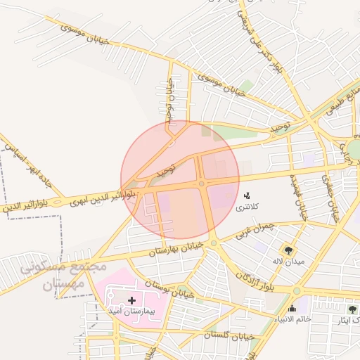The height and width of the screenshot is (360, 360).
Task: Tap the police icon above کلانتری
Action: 246,195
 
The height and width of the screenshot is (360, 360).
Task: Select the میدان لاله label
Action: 288,262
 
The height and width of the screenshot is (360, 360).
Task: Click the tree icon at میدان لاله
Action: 288,250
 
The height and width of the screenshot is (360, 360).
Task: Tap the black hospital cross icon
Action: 131,300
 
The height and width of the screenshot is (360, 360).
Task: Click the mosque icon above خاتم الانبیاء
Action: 292,308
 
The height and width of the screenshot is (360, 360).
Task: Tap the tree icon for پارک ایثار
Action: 352,309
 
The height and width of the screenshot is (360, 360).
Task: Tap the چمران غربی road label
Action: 252,232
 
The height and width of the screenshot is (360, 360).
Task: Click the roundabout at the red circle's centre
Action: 202,184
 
